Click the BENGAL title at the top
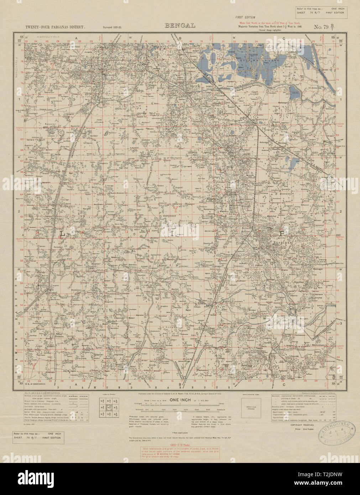pos(180,26)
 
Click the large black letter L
pos(63,234)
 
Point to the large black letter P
pos(283,233)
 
